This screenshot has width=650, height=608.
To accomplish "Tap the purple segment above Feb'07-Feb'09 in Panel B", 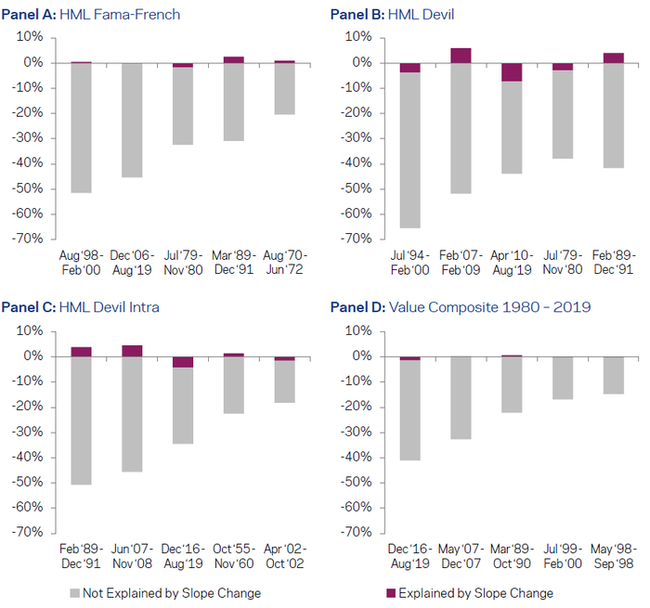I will coord(461,56).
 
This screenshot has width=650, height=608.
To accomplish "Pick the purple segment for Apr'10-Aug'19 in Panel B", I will coord(511,72).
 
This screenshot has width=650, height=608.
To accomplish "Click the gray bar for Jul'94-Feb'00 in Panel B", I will coord(409,149).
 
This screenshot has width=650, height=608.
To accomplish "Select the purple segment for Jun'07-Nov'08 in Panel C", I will coord(132,351).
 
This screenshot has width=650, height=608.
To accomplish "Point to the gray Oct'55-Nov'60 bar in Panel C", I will coord(234,385).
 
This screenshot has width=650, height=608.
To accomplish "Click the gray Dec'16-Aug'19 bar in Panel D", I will coord(409,409).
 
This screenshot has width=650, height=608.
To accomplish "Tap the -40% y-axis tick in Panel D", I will coord(356,458).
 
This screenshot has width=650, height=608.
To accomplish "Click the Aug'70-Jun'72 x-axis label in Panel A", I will coord(285,262).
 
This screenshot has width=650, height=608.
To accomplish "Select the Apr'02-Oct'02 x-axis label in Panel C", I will coord(285,555).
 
